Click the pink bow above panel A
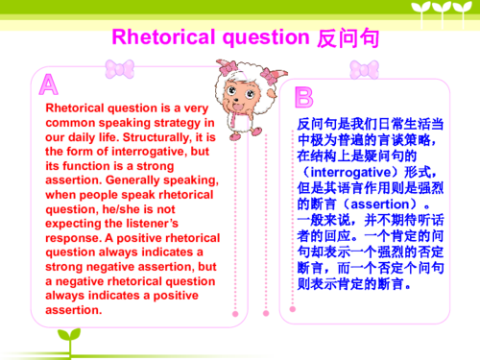(119, 68)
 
